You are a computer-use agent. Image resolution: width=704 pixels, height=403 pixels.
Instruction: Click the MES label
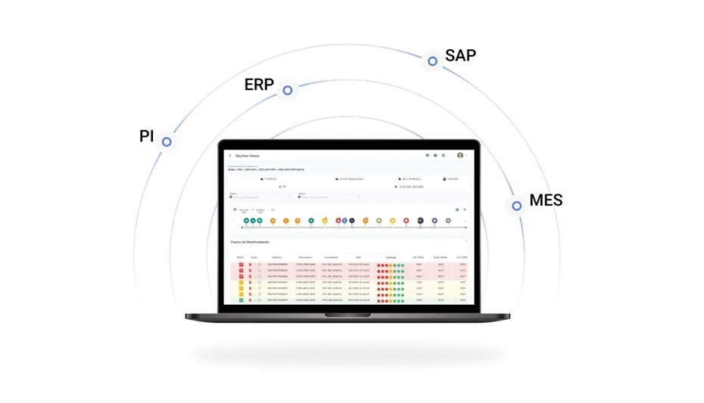pyautogui.click(x=547, y=200)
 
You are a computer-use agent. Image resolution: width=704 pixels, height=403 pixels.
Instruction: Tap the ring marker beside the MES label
pyautogui.click(x=517, y=205)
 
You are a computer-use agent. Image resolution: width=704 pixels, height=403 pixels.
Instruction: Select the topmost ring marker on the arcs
pyautogui.click(x=432, y=61)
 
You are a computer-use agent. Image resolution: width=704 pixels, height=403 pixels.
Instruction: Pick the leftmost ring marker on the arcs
pyautogui.click(x=167, y=141)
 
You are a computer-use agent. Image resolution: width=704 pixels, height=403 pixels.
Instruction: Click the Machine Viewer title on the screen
pyautogui.click(x=248, y=155)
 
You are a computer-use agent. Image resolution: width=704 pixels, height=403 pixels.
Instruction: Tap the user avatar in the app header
pyautogui.click(x=460, y=155)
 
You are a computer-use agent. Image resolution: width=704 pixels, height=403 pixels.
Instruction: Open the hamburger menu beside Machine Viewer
pyautogui.click(x=230, y=155)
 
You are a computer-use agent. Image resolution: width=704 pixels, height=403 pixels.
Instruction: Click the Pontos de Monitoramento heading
pyautogui.click(x=250, y=242)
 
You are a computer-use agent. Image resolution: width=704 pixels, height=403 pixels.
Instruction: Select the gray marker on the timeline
pyautogui.click(x=448, y=221)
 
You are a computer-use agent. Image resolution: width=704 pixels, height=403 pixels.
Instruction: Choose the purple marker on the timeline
pyautogui.click(x=435, y=221)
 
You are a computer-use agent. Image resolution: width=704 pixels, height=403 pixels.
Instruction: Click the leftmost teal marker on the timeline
pyautogui.click(x=246, y=221)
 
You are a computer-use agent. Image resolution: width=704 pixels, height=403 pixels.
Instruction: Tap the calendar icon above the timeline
pyautogui.click(x=235, y=209)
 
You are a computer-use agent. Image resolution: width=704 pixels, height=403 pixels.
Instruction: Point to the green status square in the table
pyautogui.click(x=241, y=301)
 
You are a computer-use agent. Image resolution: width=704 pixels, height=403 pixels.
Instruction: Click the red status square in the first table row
pyautogui.click(x=241, y=265)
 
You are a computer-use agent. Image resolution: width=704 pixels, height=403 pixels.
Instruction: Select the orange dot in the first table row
pyautogui.click(x=385, y=265)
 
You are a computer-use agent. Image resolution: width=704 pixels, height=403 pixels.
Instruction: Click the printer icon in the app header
pyautogui.click(x=427, y=155)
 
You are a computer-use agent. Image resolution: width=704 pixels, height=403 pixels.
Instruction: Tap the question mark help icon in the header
pyautogui.click(x=435, y=155)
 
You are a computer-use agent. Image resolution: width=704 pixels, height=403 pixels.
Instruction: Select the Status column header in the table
pyautogui.click(x=240, y=257)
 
